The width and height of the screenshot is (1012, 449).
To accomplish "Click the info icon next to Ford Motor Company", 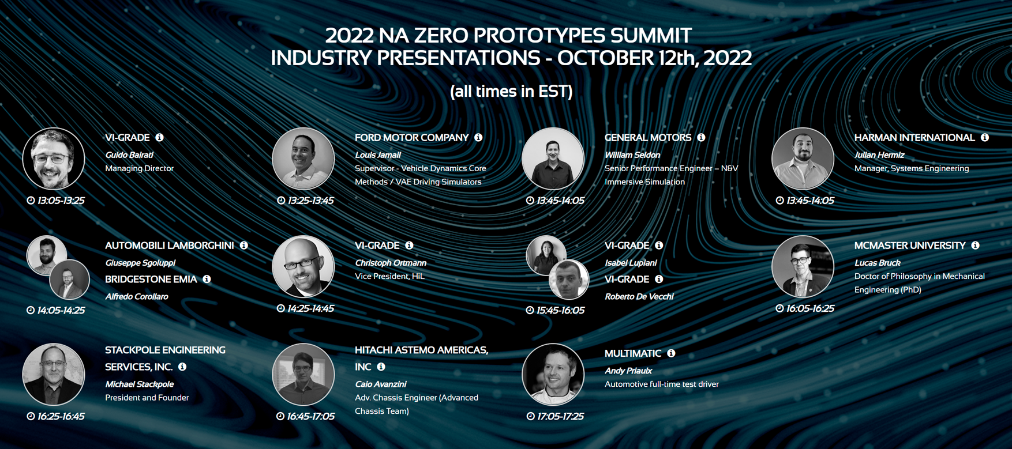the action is point(478,137).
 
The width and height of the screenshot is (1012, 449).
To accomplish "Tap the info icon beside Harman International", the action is point(985,137).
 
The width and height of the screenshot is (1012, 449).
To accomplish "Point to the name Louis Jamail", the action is point(377,155).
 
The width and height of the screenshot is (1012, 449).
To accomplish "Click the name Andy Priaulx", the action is point(628,371).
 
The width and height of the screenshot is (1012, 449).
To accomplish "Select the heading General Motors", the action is point(648,138).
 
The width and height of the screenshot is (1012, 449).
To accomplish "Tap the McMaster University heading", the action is point(910,246).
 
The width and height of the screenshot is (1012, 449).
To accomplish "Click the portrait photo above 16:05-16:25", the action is point(803,267).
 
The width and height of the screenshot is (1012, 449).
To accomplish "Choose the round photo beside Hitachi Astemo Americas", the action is point(303,375).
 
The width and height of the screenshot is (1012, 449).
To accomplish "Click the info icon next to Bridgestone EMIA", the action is point(207,279).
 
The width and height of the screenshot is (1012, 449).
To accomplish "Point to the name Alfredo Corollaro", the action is point(137,297).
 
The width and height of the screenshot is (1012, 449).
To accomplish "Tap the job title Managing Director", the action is point(139,168).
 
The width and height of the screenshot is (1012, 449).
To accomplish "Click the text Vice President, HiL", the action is point(389,276).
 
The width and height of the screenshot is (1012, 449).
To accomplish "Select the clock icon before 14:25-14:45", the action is point(280,308).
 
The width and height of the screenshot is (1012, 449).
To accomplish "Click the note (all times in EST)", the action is point(511,91).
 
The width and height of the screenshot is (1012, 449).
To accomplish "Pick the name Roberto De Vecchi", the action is point(639,297).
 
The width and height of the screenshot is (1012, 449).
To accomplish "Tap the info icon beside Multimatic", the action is point(671,353).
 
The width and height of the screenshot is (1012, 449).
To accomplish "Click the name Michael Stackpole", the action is point(139,384).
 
